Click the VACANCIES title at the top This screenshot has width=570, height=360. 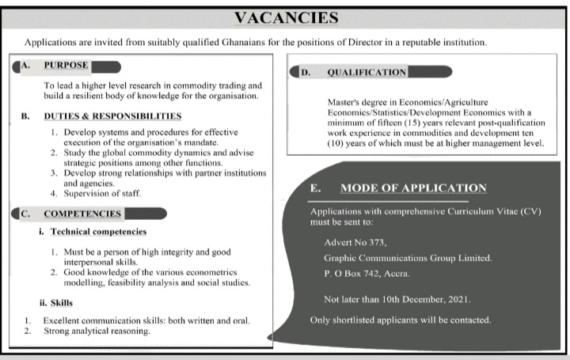pos(284,17)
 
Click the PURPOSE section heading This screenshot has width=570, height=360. pos(66,65)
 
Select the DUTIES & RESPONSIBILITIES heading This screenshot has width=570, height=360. pos(112,116)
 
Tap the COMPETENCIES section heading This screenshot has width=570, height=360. pos(82,214)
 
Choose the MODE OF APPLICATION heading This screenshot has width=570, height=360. pos(412,188)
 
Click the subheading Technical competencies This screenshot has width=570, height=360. pos(99,232)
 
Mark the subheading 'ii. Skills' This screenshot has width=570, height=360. pos(55,301)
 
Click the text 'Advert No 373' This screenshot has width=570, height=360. pos(355,241)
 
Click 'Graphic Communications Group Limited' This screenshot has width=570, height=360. pos(408,259)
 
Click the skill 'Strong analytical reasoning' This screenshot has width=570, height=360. pos(96,331)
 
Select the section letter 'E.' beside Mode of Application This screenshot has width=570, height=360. pos(315,188)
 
